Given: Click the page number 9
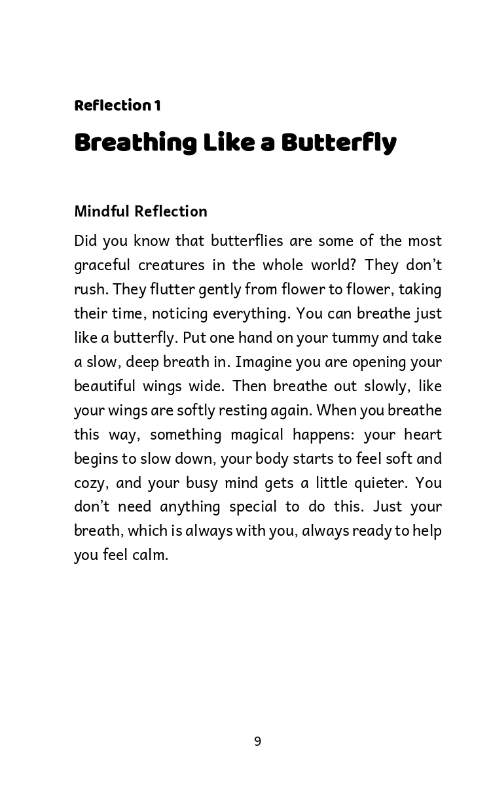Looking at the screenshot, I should (257, 741).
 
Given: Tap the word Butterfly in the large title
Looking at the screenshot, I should (338, 143).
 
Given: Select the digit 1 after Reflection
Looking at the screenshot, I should (157, 106).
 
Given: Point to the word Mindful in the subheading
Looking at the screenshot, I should (102, 211).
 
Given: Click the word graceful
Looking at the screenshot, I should (100, 266).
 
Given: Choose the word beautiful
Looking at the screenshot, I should (104, 386).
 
